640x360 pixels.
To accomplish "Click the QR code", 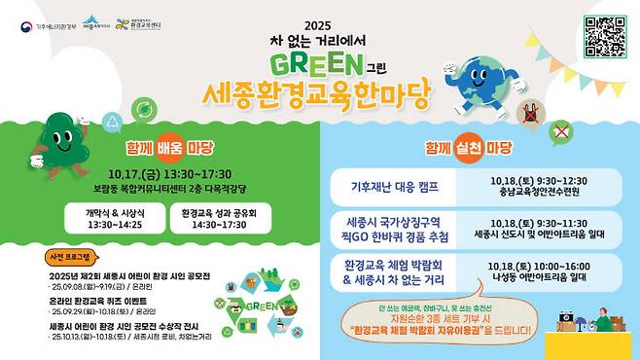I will pyautogui.click(x=605, y=36).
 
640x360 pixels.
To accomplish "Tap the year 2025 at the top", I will pyautogui.click(x=318, y=25).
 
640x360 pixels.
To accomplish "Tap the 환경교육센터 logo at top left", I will pyautogui.click(x=138, y=23).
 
